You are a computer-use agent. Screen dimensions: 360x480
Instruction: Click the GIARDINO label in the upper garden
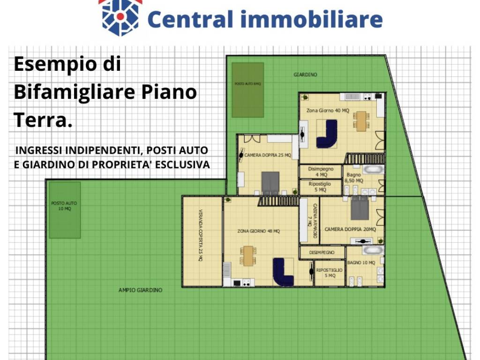point(306,75)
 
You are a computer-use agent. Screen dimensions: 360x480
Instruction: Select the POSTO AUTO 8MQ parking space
point(247,90)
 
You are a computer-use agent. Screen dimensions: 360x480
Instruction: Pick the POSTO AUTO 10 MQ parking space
point(65,210)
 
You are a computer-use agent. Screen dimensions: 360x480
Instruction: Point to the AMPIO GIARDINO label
point(140,290)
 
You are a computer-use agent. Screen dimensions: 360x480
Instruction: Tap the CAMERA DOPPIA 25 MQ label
point(268,155)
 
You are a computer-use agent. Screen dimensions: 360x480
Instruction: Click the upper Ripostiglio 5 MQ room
point(321,187)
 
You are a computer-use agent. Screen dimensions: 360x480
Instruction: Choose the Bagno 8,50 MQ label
point(354,178)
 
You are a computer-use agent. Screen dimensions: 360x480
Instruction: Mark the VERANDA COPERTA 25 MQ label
point(201,241)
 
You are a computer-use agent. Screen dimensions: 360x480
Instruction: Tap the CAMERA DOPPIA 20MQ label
point(350,229)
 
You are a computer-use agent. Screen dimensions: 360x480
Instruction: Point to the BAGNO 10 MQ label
point(361,263)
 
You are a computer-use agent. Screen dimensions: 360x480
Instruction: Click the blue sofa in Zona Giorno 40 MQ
point(327,135)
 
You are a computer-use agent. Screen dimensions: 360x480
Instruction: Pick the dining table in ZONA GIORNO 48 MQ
point(248,255)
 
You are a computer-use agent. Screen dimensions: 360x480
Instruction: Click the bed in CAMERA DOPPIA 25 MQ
point(270,183)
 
